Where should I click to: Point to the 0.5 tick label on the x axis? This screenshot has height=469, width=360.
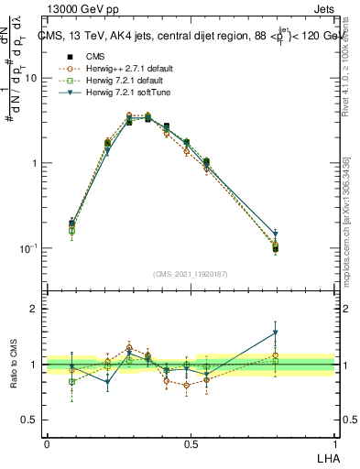pyautogui.click(x=190, y=442)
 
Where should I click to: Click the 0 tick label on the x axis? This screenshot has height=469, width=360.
pyautogui.click(x=47, y=442)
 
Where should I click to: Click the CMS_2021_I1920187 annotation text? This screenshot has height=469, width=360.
pyautogui.click(x=191, y=273)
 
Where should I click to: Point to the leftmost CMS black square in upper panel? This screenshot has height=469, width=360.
pyautogui.click(x=72, y=223)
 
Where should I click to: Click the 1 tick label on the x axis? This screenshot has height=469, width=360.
pyautogui.click(x=333, y=442)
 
